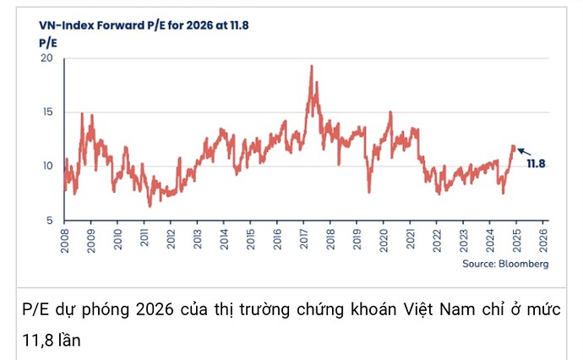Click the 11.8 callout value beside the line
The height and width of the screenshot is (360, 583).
click(536, 163)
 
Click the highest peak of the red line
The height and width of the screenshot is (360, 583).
click(312, 67)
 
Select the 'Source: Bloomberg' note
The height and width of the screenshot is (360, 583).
click(506, 265)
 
